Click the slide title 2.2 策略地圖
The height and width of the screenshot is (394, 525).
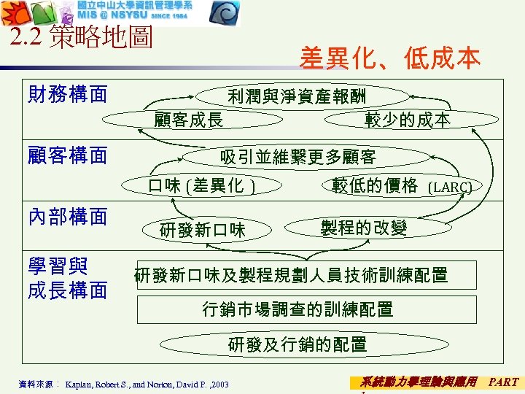click(x=82, y=39)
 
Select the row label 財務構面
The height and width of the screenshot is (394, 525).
click(x=67, y=94)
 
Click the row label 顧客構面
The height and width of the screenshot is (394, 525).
click(x=67, y=155)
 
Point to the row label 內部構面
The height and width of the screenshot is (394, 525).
click(x=67, y=216)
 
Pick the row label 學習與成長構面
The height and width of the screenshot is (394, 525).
click(x=67, y=279)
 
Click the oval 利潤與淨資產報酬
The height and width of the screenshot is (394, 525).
click(x=297, y=96)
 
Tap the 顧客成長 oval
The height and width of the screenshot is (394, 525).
click(x=189, y=120)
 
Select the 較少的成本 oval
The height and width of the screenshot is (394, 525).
click(x=408, y=120)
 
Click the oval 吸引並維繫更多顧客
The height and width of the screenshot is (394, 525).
click(x=298, y=157)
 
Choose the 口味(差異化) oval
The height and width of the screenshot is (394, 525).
click(x=201, y=185)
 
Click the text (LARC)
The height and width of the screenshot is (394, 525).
click(x=449, y=187)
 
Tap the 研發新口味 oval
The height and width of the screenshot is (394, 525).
click(x=203, y=231)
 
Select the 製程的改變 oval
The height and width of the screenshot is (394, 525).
click(x=363, y=227)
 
